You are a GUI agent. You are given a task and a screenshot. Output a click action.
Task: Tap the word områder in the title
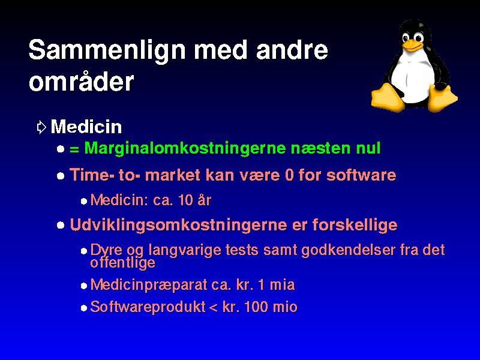tap(82, 81)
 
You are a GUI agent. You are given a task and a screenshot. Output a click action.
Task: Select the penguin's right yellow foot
tap(442, 98)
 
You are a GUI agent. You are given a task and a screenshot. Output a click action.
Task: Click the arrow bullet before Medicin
tap(41, 127)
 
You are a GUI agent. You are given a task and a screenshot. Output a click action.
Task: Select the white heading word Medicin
tap(86, 127)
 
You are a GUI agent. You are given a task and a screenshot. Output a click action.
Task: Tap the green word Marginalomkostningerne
tap(185, 148)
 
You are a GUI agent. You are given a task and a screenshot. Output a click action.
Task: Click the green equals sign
tap(74, 149)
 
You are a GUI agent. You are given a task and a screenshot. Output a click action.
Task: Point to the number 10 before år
tap(185, 200)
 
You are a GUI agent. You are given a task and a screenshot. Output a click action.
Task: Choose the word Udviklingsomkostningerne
tap(178, 226)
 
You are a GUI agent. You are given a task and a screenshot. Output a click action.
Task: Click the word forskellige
tap(355, 226)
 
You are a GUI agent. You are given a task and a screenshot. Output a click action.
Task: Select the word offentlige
tap(123, 263)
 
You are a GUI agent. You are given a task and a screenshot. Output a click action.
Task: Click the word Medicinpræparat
tap(149, 285)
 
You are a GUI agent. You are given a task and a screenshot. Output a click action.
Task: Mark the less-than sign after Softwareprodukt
tap(214, 308)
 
